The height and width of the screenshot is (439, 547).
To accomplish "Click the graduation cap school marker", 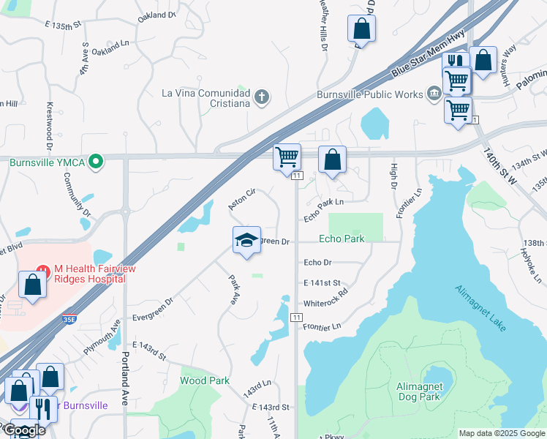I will click(x=247, y=240).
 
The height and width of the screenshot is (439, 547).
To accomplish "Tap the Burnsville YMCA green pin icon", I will click(x=94, y=160).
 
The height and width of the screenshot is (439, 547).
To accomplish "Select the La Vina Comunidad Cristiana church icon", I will click(x=262, y=97).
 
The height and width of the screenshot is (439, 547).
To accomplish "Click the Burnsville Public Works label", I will click(x=370, y=94).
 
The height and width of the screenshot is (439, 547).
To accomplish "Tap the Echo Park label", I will click(x=342, y=239).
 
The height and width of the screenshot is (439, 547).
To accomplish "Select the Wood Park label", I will click(x=205, y=380).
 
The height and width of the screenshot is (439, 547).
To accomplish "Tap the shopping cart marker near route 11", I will click(x=287, y=157).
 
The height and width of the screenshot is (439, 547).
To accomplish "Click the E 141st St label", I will click(x=322, y=282).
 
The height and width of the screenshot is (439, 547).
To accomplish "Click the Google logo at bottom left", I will click(x=23, y=430).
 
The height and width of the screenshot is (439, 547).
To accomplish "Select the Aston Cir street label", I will click(x=241, y=198).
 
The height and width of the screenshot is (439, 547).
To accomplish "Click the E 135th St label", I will click(x=62, y=26).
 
